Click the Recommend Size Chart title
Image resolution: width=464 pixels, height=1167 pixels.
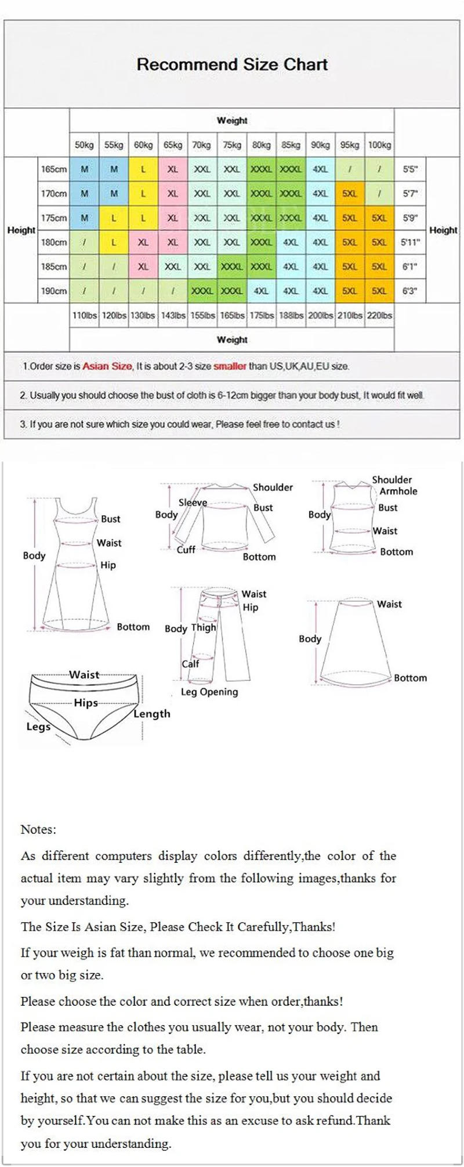click(x=232, y=64)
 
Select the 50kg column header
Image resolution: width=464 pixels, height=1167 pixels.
click(x=84, y=145)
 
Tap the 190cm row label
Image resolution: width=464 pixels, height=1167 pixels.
click(x=54, y=291)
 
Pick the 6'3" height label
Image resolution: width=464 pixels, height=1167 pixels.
click(x=410, y=291)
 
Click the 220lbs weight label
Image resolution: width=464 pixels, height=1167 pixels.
click(x=379, y=316)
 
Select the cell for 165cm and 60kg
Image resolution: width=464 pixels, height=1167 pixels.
click(x=143, y=169)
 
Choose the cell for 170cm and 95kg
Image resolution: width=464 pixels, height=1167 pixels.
click(x=349, y=194)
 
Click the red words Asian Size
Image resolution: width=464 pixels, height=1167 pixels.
click(x=107, y=367)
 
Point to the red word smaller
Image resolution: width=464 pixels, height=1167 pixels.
click(x=230, y=367)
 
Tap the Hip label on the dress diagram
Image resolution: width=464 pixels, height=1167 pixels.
click(x=108, y=565)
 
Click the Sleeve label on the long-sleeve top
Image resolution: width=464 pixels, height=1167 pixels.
click(x=193, y=503)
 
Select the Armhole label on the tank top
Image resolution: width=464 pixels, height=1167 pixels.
click(x=398, y=491)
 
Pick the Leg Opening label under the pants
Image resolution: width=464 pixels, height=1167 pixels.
click(x=209, y=692)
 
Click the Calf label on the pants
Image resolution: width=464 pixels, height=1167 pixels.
click(x=190, y=663)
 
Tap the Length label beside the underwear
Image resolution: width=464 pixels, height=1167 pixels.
click(x=152, y=714)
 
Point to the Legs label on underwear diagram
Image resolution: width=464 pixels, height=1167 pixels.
click(x=38, y=727)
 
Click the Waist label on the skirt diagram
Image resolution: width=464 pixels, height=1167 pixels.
click(x=389, y=604)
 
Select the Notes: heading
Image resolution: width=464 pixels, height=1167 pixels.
click(x=38, y=829)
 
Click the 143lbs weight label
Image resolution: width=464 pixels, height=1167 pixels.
click(x=173, y=316)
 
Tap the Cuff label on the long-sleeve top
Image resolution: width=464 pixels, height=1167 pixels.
click(x=186, y=550)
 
